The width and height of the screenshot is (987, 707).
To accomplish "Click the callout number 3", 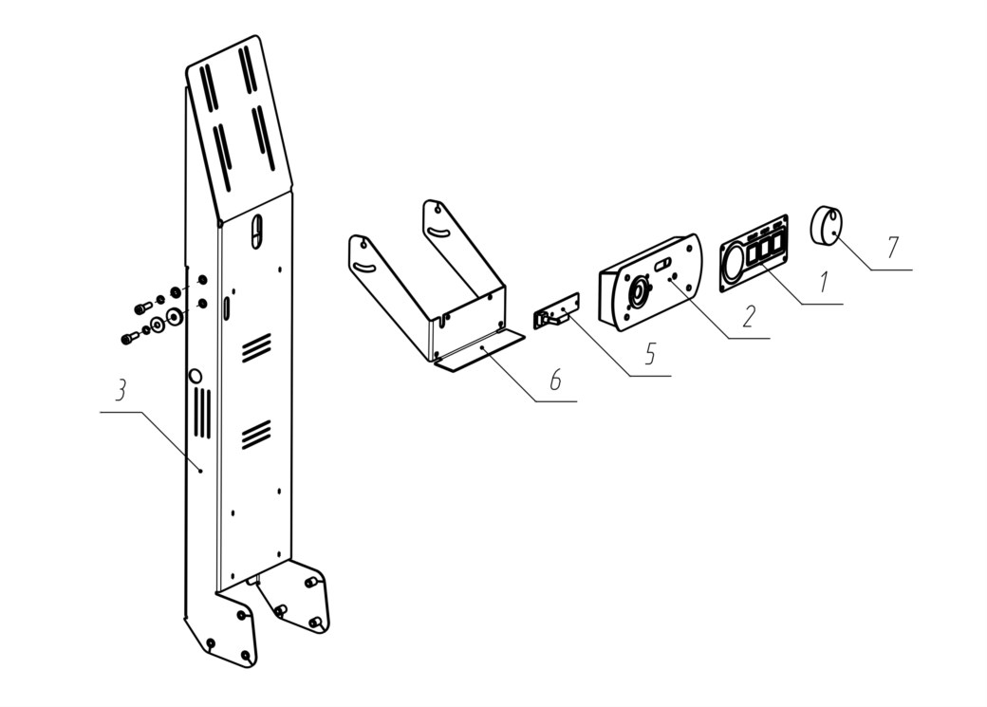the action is (121, 391).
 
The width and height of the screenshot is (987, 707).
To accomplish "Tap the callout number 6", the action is (554, 380).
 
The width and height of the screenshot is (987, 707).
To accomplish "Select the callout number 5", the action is (650, 354).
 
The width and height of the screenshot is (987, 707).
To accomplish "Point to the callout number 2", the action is (748, 317).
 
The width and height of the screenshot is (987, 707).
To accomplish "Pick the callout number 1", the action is (824, 282).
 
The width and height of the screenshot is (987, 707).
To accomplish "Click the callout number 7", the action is (892, 247).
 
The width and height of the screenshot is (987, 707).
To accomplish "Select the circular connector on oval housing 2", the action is (639, 292).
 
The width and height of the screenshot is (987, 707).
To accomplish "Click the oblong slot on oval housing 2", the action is (662, 265).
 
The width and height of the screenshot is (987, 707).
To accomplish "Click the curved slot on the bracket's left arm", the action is (364, 269).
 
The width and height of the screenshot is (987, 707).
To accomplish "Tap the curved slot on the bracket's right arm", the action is (437, 233).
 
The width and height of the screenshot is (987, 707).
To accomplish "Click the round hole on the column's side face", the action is (196, 376).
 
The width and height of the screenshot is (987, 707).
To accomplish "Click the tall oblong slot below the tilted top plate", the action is (255, 233).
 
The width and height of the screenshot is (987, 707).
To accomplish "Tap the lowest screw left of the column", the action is (128, 338).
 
